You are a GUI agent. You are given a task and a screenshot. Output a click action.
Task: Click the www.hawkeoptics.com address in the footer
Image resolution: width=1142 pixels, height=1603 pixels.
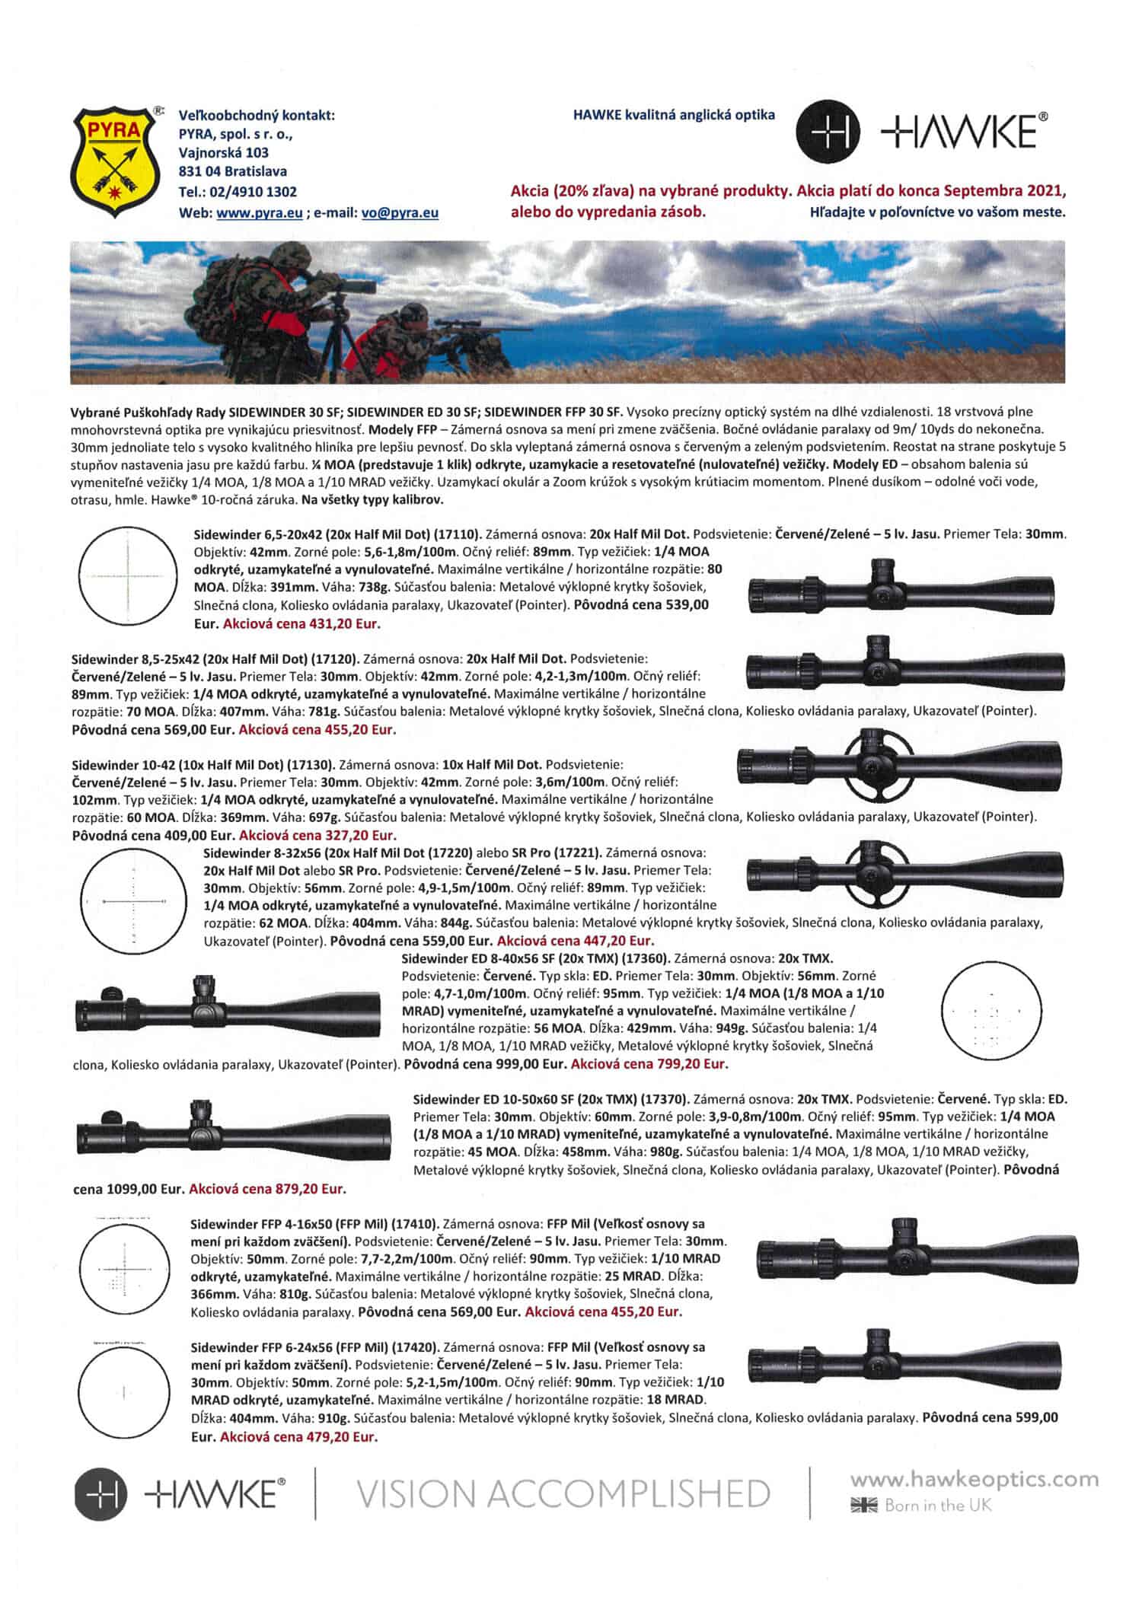(975, 1480)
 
